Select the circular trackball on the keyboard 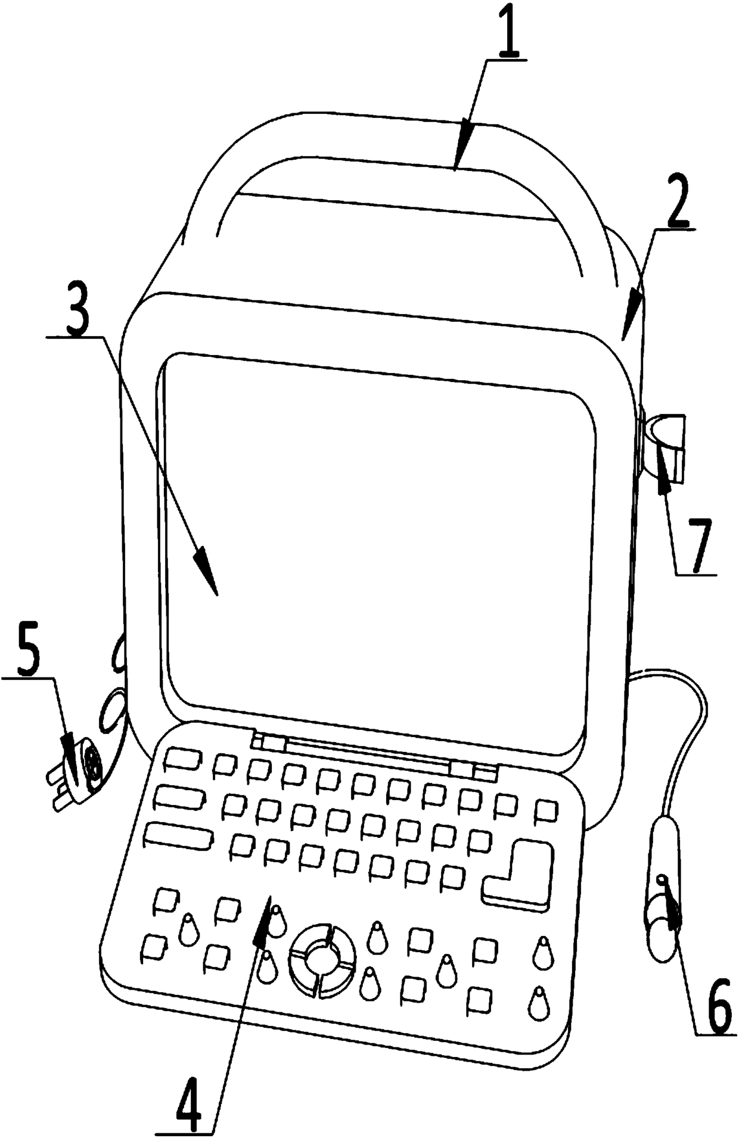pos(322,959)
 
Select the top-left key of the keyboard pos(177,759)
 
